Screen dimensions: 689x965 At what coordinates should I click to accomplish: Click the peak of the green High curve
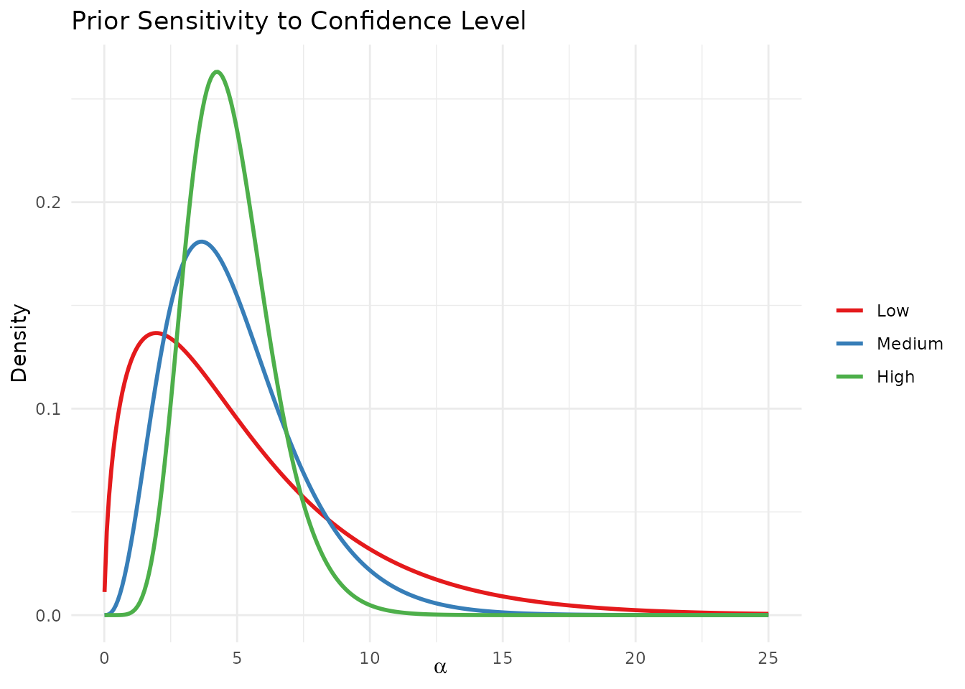pos(217,72)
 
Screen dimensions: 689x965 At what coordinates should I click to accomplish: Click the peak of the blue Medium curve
pos(202,241)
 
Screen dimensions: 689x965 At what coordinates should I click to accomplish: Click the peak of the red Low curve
pos(156,333)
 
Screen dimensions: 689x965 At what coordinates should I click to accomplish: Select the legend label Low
pos(892,311)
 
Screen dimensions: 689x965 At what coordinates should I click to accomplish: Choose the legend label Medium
pos(910,344)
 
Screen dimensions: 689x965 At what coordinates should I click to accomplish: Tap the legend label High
pos(895,377)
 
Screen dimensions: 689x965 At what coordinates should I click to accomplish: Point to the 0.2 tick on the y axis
pos(48,202)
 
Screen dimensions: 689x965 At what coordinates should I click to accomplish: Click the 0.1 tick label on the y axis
pos(48,409)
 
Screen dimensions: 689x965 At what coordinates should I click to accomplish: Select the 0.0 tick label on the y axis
pos(48,616)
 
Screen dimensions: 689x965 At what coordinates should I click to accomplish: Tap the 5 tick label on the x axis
pos(237,660)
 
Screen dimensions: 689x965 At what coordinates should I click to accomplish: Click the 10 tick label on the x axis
pos(370,660)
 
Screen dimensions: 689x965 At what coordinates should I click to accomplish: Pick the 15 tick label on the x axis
pos(503,660)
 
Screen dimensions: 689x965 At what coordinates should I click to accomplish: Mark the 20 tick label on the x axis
pos(635,660)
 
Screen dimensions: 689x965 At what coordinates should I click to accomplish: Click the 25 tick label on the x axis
pos(768,660)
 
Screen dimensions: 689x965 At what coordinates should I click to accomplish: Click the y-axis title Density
pos(19,343)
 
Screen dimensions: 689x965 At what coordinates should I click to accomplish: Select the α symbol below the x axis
pos(440,667)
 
